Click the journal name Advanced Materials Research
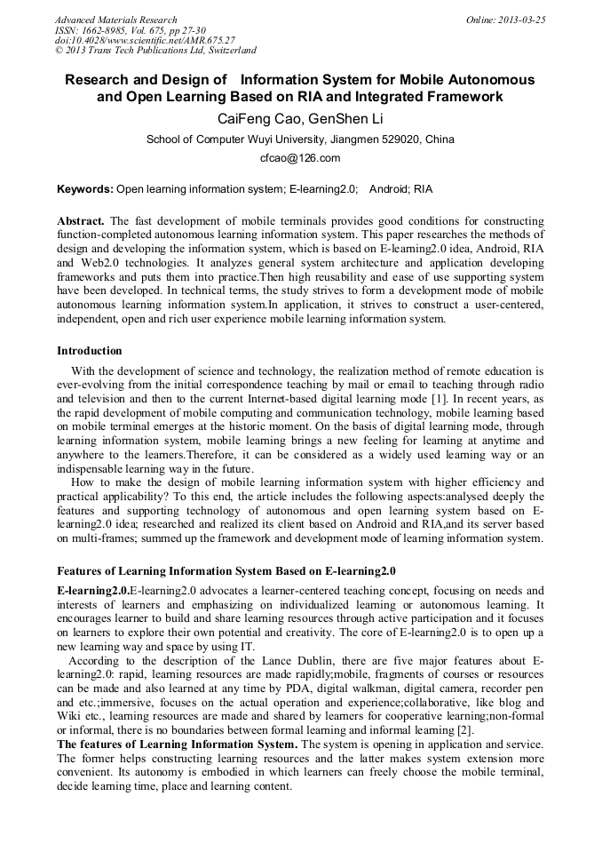tap(115, 20)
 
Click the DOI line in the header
tap(145, 41)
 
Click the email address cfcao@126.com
tap(300, 158)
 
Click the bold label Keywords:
tap(85, 189)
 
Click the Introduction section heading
tap(90, 351)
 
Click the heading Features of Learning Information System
tap(226, 570)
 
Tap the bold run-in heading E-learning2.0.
tap(92, 590)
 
